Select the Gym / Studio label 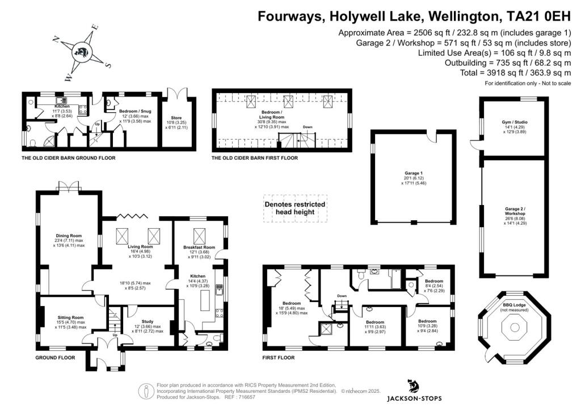coord(513,128)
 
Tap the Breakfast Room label coord(199,248)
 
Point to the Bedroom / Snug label coord(135,111)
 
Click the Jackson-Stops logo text coord(414,398)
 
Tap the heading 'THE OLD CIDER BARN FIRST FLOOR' coord(254,158)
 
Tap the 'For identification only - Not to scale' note coord(528,83)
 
